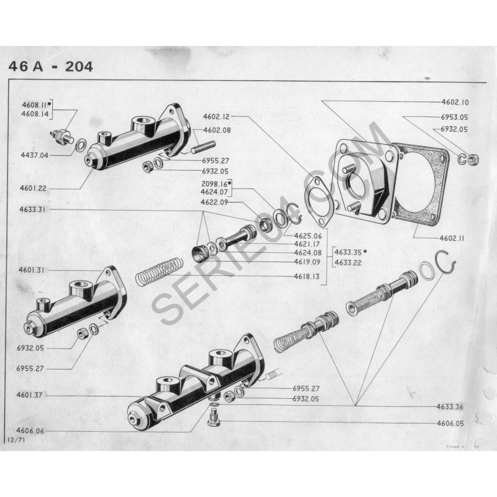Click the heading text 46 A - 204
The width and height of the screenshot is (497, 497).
[x=50, y=66]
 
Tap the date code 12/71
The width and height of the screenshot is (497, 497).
[x=15, y=439]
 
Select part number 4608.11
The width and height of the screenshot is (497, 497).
[x=34, y=106]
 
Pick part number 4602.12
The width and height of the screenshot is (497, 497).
[x=216, y=116]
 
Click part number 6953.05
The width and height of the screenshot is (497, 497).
[x=455, y=117]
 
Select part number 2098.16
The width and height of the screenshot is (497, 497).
[x=214, y=184]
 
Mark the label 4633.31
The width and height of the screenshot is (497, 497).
[x=33, y=209]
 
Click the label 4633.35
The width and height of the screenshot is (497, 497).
[x=349, y=252]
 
